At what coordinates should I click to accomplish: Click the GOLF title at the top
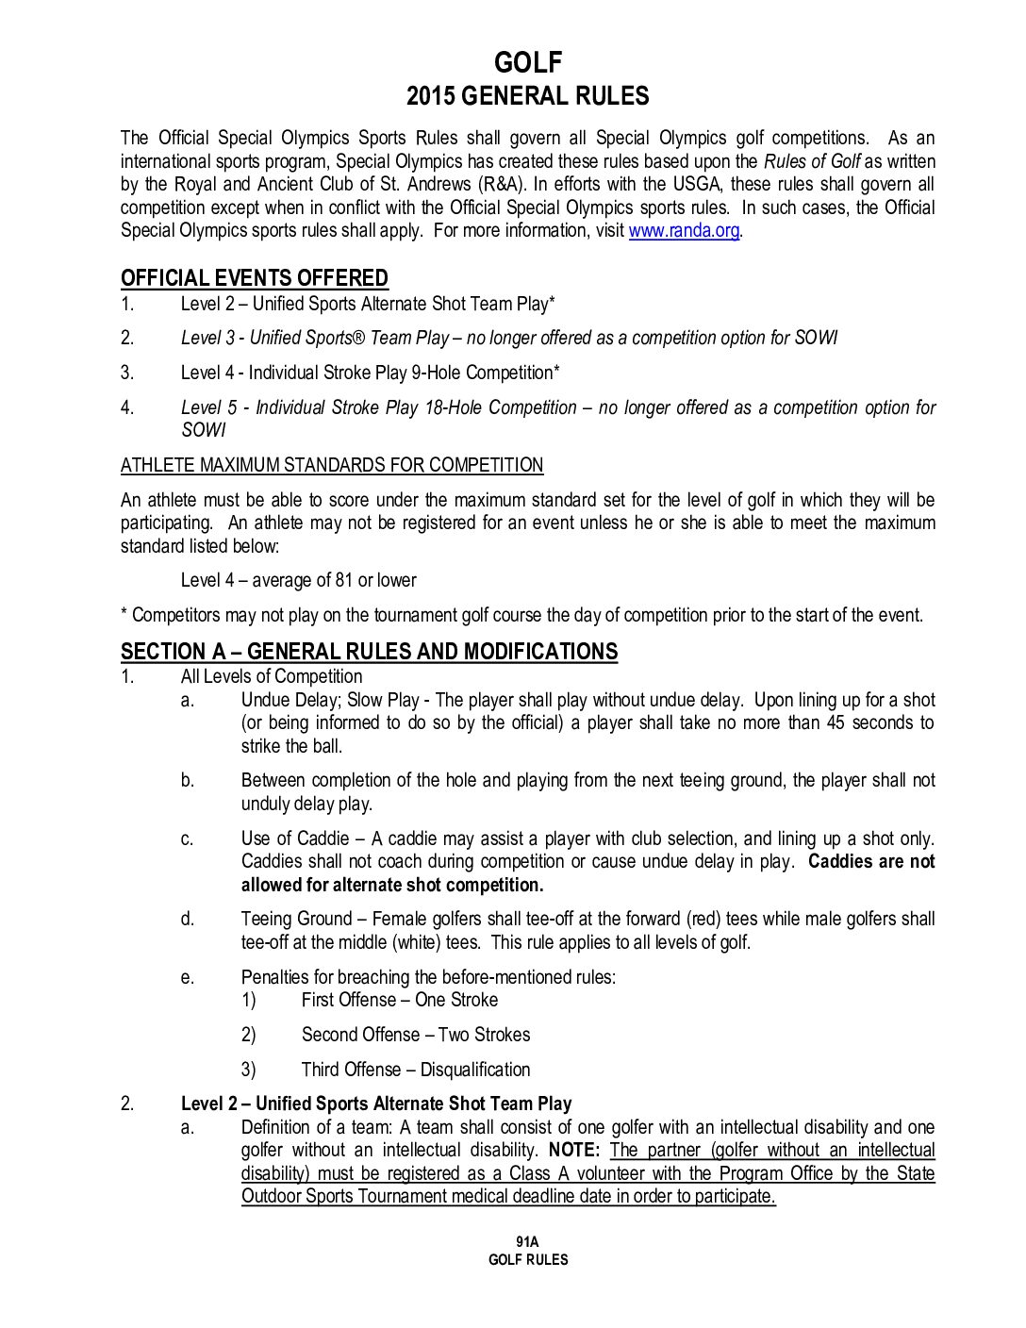(528, 62)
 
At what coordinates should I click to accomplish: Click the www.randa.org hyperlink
(684, 231)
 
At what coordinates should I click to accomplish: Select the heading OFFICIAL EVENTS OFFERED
(255, 278)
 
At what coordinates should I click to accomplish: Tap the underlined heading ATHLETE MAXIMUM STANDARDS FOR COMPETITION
(332, 465)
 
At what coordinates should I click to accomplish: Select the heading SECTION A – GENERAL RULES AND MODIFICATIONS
(369, 652)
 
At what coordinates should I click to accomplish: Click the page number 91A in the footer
(527, 1242)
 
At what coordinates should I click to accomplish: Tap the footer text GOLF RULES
(528, 1260)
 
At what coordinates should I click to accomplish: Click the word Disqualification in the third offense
(475, 1070)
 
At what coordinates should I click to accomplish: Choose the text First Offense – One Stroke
(400, 1000)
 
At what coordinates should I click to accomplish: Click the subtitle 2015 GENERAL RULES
(528, 96)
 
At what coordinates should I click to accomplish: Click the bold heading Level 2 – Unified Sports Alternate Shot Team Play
(376, 1104)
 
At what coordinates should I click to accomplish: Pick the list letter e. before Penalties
(188, 977)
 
